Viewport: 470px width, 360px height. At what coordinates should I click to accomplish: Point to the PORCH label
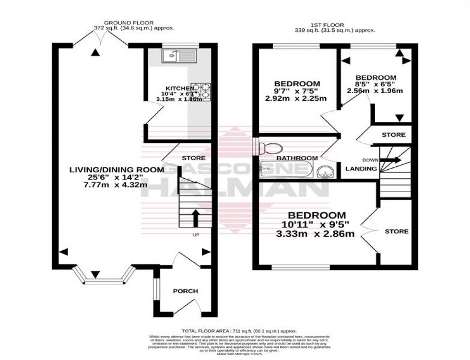[185, 291]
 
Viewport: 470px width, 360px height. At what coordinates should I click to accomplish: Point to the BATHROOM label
[297, 158]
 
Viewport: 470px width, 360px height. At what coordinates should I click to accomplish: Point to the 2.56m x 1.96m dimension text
[376, 91]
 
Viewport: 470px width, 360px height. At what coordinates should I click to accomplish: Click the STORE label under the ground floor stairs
[193, 158]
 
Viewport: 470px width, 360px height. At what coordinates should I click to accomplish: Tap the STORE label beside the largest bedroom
[397, 231]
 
